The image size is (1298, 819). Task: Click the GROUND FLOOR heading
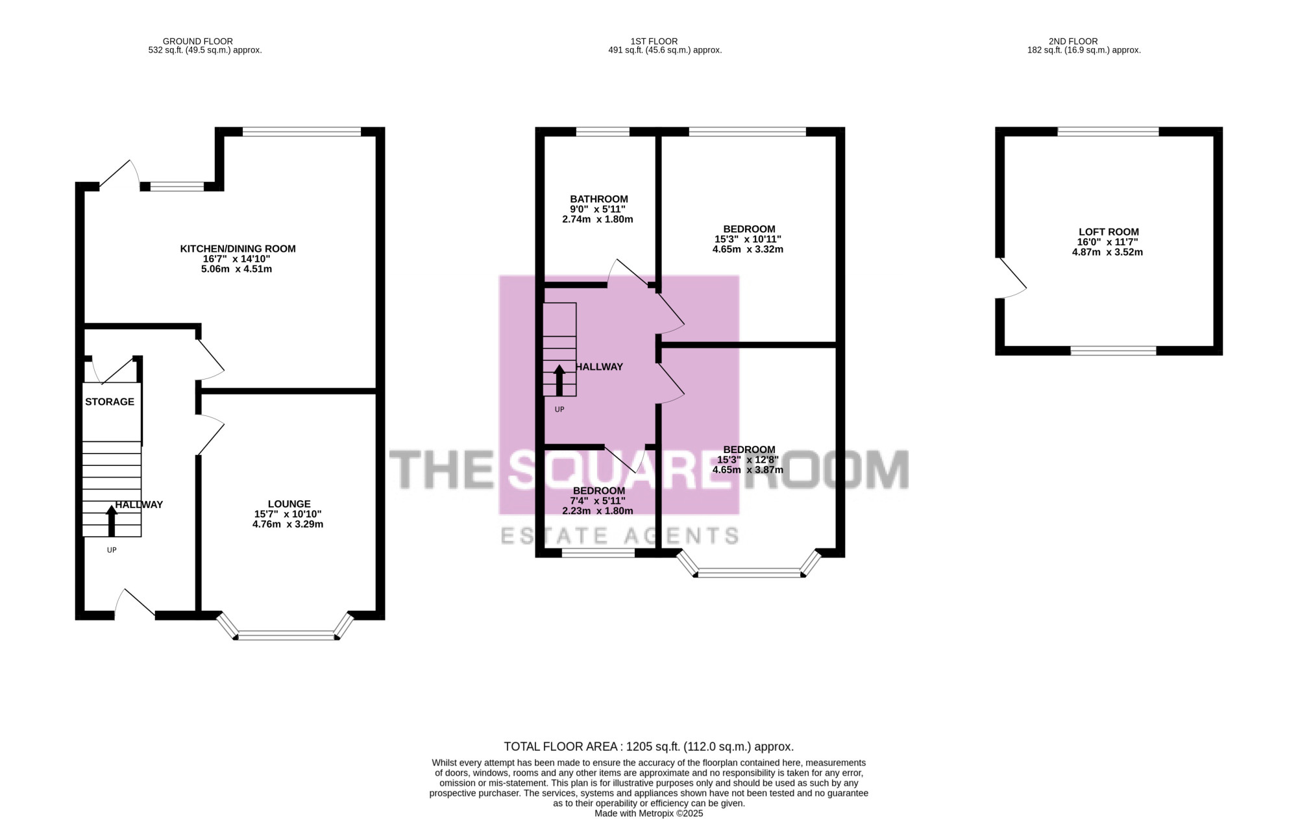197,41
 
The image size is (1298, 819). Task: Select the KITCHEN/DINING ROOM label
238,249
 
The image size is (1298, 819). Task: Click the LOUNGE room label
289,504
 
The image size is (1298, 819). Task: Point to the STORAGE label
110,402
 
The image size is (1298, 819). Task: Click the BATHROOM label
599,199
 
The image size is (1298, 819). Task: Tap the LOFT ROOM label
1108,232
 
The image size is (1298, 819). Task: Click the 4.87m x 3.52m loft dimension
1107,252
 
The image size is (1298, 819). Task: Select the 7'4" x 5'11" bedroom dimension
598,501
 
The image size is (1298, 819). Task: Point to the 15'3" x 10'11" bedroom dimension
748,239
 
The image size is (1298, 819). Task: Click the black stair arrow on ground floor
112,521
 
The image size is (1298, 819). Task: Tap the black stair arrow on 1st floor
559,380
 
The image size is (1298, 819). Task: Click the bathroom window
602,132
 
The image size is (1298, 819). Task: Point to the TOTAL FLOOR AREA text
648,747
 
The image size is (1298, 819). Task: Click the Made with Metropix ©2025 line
648,813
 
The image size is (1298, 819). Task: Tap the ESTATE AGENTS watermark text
620,536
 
